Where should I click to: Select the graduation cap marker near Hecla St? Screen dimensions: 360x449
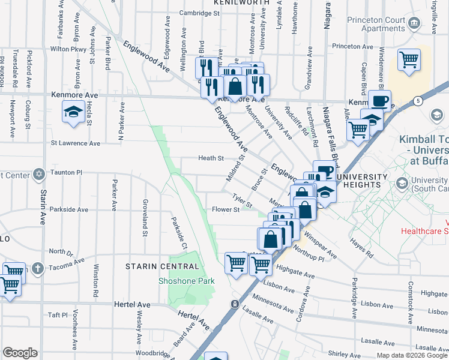(x=74, y=112)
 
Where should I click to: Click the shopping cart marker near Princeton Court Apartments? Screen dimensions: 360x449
(x=409, y=60)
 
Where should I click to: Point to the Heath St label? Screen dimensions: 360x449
(x=211, y=158)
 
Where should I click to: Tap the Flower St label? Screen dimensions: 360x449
(x=226, y=210)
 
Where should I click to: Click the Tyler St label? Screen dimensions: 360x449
(x=241, y=197)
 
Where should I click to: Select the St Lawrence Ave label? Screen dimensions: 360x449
(x=75, y=143)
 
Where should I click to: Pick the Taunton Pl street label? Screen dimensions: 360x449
(x=65, y=172)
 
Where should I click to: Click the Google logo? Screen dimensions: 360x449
(x=20, y=353)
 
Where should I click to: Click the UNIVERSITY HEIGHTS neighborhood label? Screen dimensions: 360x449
(x=361, y=182)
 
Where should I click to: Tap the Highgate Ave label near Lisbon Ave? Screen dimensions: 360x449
(x=297, y=275)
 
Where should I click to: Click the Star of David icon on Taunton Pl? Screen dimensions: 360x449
(x=39, y=173)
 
